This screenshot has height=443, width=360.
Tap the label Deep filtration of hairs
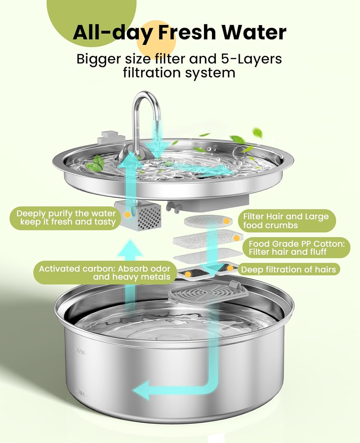pos(288,270)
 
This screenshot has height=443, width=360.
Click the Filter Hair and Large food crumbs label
pos(286,221)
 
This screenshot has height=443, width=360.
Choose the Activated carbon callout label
pos(105,273)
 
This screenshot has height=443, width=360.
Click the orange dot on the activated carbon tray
pos(188,274)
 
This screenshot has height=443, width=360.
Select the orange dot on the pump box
pos(127,215)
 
